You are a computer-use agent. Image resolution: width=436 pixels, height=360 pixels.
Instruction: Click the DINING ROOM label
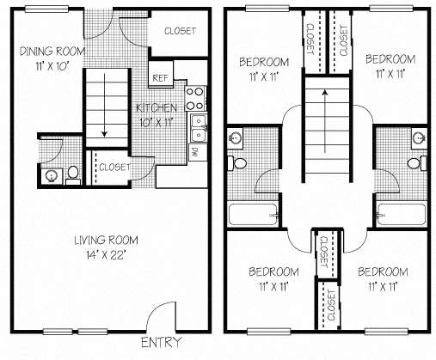(52, 51)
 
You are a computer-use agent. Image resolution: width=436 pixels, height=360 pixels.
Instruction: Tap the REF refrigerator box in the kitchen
(161, 77)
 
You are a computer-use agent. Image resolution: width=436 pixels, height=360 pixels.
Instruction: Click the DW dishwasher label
(194, 153)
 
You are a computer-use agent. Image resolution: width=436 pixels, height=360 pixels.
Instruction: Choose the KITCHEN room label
(157, 108)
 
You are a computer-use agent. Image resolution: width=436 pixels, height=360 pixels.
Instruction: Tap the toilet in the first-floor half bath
(73, 174)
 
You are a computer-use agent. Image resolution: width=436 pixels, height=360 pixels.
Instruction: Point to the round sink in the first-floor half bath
(51, 175)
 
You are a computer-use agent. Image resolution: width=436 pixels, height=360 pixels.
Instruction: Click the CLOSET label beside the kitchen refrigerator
(177, 31)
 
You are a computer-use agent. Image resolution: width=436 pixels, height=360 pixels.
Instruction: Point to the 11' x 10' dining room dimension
(52, 65)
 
